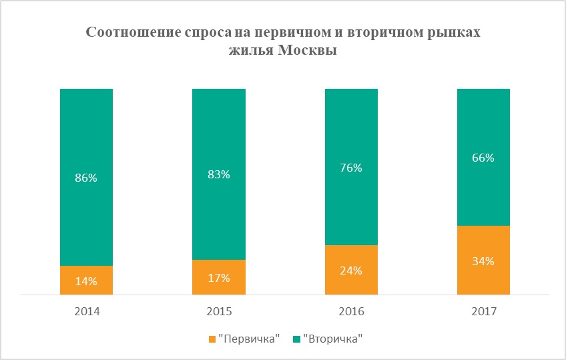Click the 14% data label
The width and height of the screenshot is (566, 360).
click(86, 281)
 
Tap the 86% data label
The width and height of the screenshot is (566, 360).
click(86, 178)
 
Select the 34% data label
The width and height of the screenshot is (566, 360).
click(483, 261)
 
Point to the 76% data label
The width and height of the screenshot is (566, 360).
click(351, 168)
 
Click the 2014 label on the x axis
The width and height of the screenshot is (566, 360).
click(86, 311)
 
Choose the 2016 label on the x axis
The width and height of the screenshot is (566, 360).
click(351, 311)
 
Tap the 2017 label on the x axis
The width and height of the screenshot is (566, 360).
click(483, 311)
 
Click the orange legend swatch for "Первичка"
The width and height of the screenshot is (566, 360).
click(213, 339)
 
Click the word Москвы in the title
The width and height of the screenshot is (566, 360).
click(305, 51)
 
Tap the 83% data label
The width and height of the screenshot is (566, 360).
click(218, 174)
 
